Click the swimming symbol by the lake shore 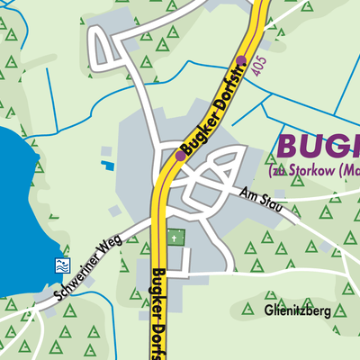click(x=60, y=265)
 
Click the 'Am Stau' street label click(x=261, y=201)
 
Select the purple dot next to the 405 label click(x=241, y=60)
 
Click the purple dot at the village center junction click(x=180, y=156)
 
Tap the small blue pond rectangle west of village click(x=108, y=166)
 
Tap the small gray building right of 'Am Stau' click(x=325, y=246)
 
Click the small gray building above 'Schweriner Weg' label click(x=114, y=211)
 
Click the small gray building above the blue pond click(x=106, y=151)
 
